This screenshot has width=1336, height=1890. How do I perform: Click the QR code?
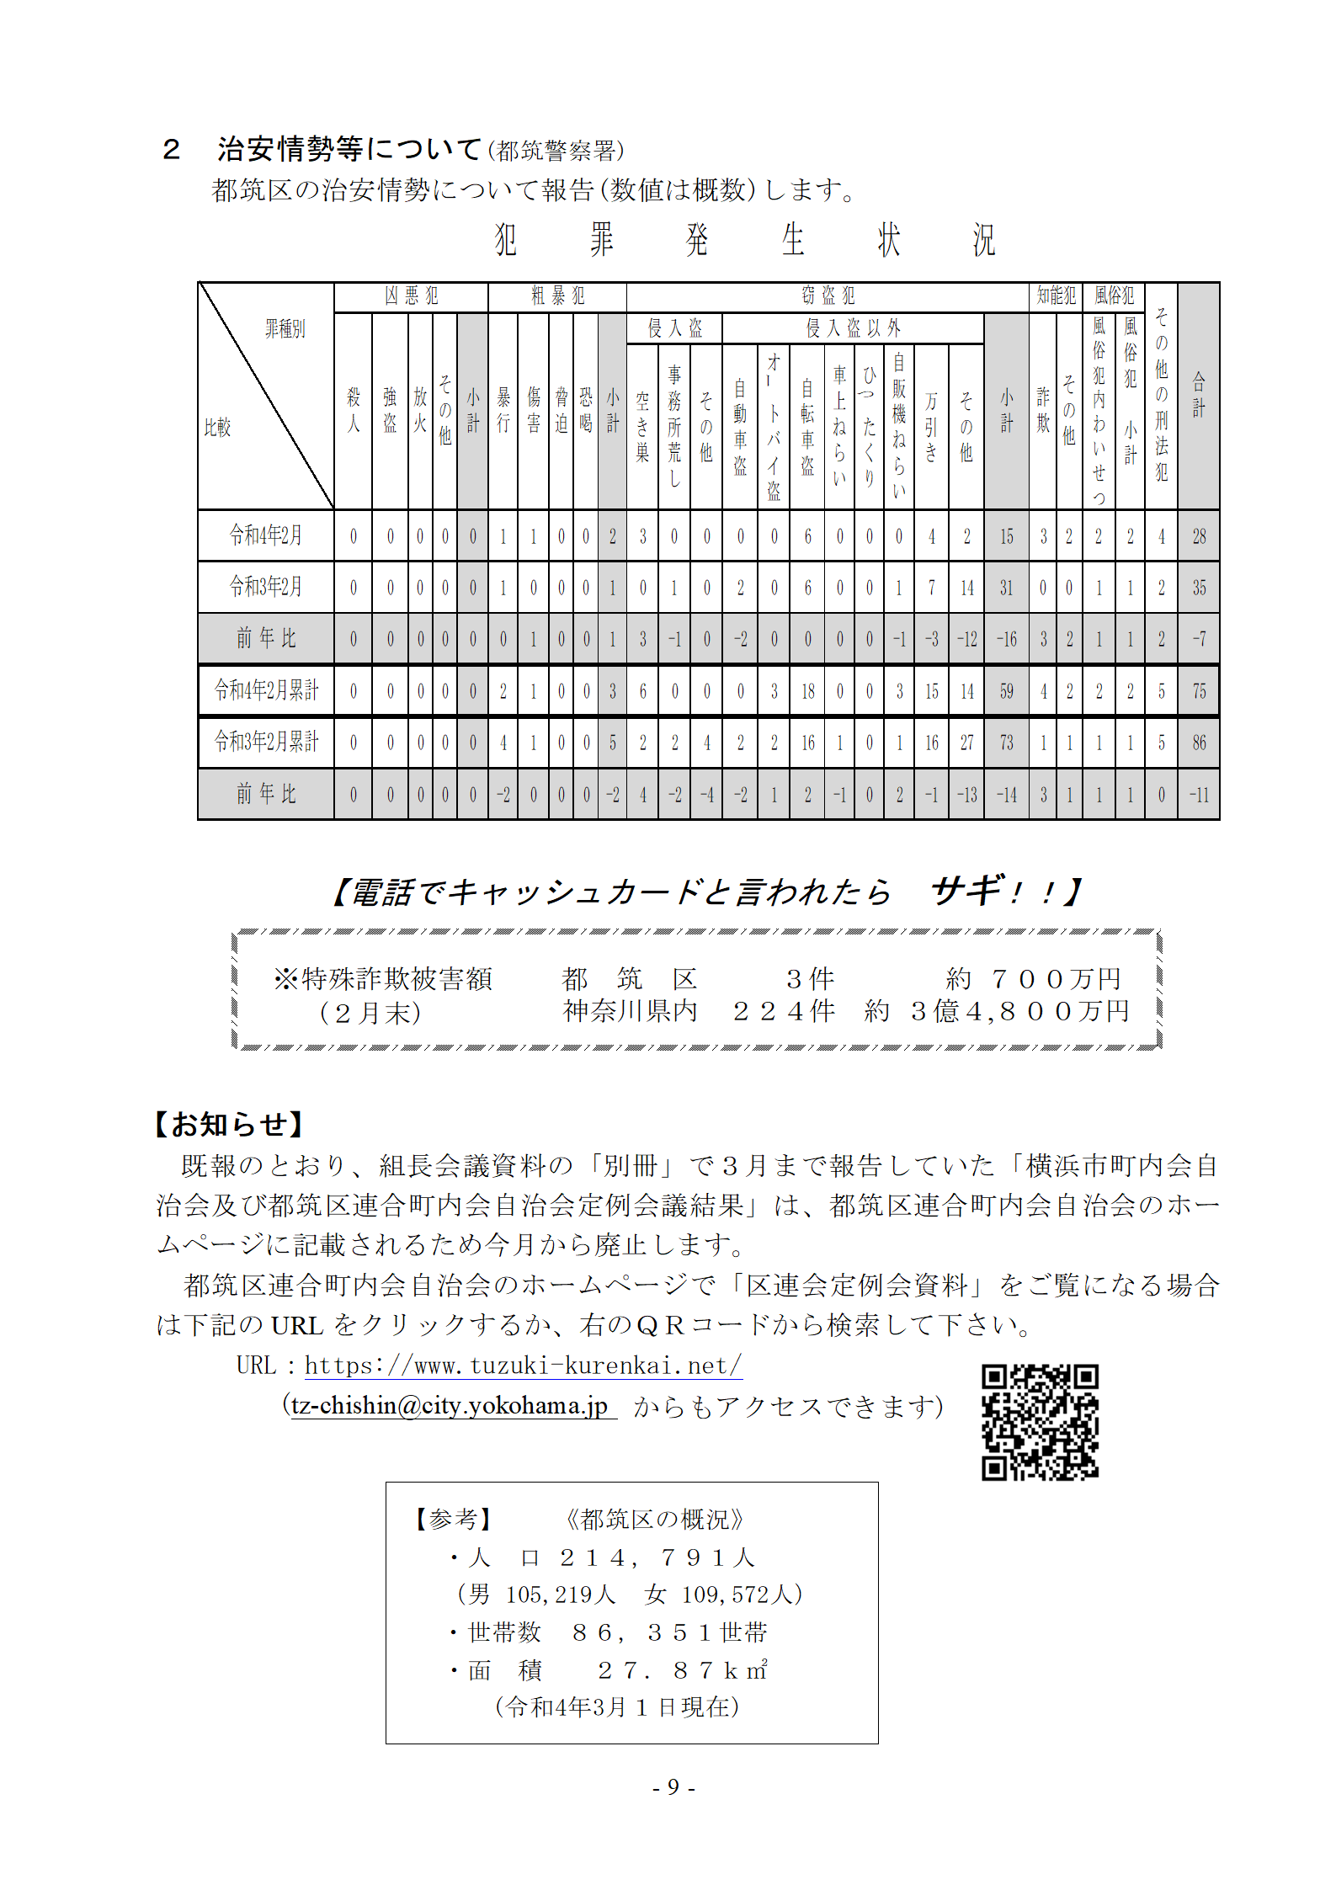pos(1040,1422)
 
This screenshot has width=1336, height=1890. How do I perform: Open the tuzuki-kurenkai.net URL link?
pos(523,1366)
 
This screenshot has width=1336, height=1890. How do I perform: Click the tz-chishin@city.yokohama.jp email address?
pos(450,1406)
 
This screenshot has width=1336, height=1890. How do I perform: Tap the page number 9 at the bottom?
pos(673,1786)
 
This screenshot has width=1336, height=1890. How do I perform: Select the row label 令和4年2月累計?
pos(266,690)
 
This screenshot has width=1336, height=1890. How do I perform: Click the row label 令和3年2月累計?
pos(266,742)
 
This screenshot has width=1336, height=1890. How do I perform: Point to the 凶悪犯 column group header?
pos(411,296)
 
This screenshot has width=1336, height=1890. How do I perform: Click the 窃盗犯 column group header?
pos(828,296)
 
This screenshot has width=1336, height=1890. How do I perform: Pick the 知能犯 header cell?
pos(1056,296)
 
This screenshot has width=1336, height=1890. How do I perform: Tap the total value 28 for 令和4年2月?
pos(1199,536)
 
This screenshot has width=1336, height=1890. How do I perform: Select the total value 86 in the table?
pos(1199,743)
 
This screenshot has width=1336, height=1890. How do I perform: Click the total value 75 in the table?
pos(1199,691)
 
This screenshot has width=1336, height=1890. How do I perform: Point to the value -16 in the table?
pos(1007,639)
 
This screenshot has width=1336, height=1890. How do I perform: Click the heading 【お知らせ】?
pos(229,1125)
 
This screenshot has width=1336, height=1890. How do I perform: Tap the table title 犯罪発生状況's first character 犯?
pos(505,240)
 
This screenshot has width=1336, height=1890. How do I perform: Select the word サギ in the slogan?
pos(968,891)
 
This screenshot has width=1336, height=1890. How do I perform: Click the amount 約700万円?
pos(1033,979)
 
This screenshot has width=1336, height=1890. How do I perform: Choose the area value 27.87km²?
pos(682,1670)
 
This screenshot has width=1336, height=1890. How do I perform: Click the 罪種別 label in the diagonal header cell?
pos(285,329)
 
